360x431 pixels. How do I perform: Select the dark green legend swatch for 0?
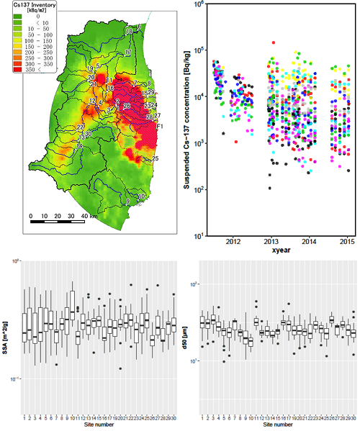(15, 18)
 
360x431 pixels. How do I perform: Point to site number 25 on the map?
(156, 158)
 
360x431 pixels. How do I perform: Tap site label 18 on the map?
(128, 32)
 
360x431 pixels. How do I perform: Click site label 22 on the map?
(81, 127)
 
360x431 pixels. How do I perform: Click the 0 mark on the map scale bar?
(31, 215)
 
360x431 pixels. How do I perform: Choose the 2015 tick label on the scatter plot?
(347, 241)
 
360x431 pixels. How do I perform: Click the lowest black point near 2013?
(270, 188)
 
